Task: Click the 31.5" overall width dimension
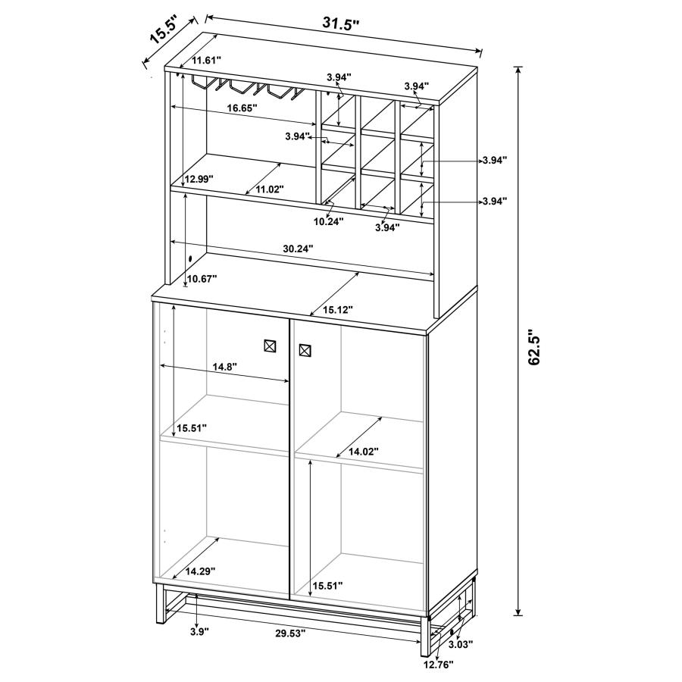click(340, 23)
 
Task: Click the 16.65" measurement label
click(242, 108)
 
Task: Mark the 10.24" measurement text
click(329, 221)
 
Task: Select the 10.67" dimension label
click(202, 279)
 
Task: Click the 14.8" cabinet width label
click(224, 367)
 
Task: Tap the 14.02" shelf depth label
click(364, 452)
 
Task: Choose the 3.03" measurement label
click(460, 644)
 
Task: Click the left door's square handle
click(270, 345)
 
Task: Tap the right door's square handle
click(305, 350)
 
